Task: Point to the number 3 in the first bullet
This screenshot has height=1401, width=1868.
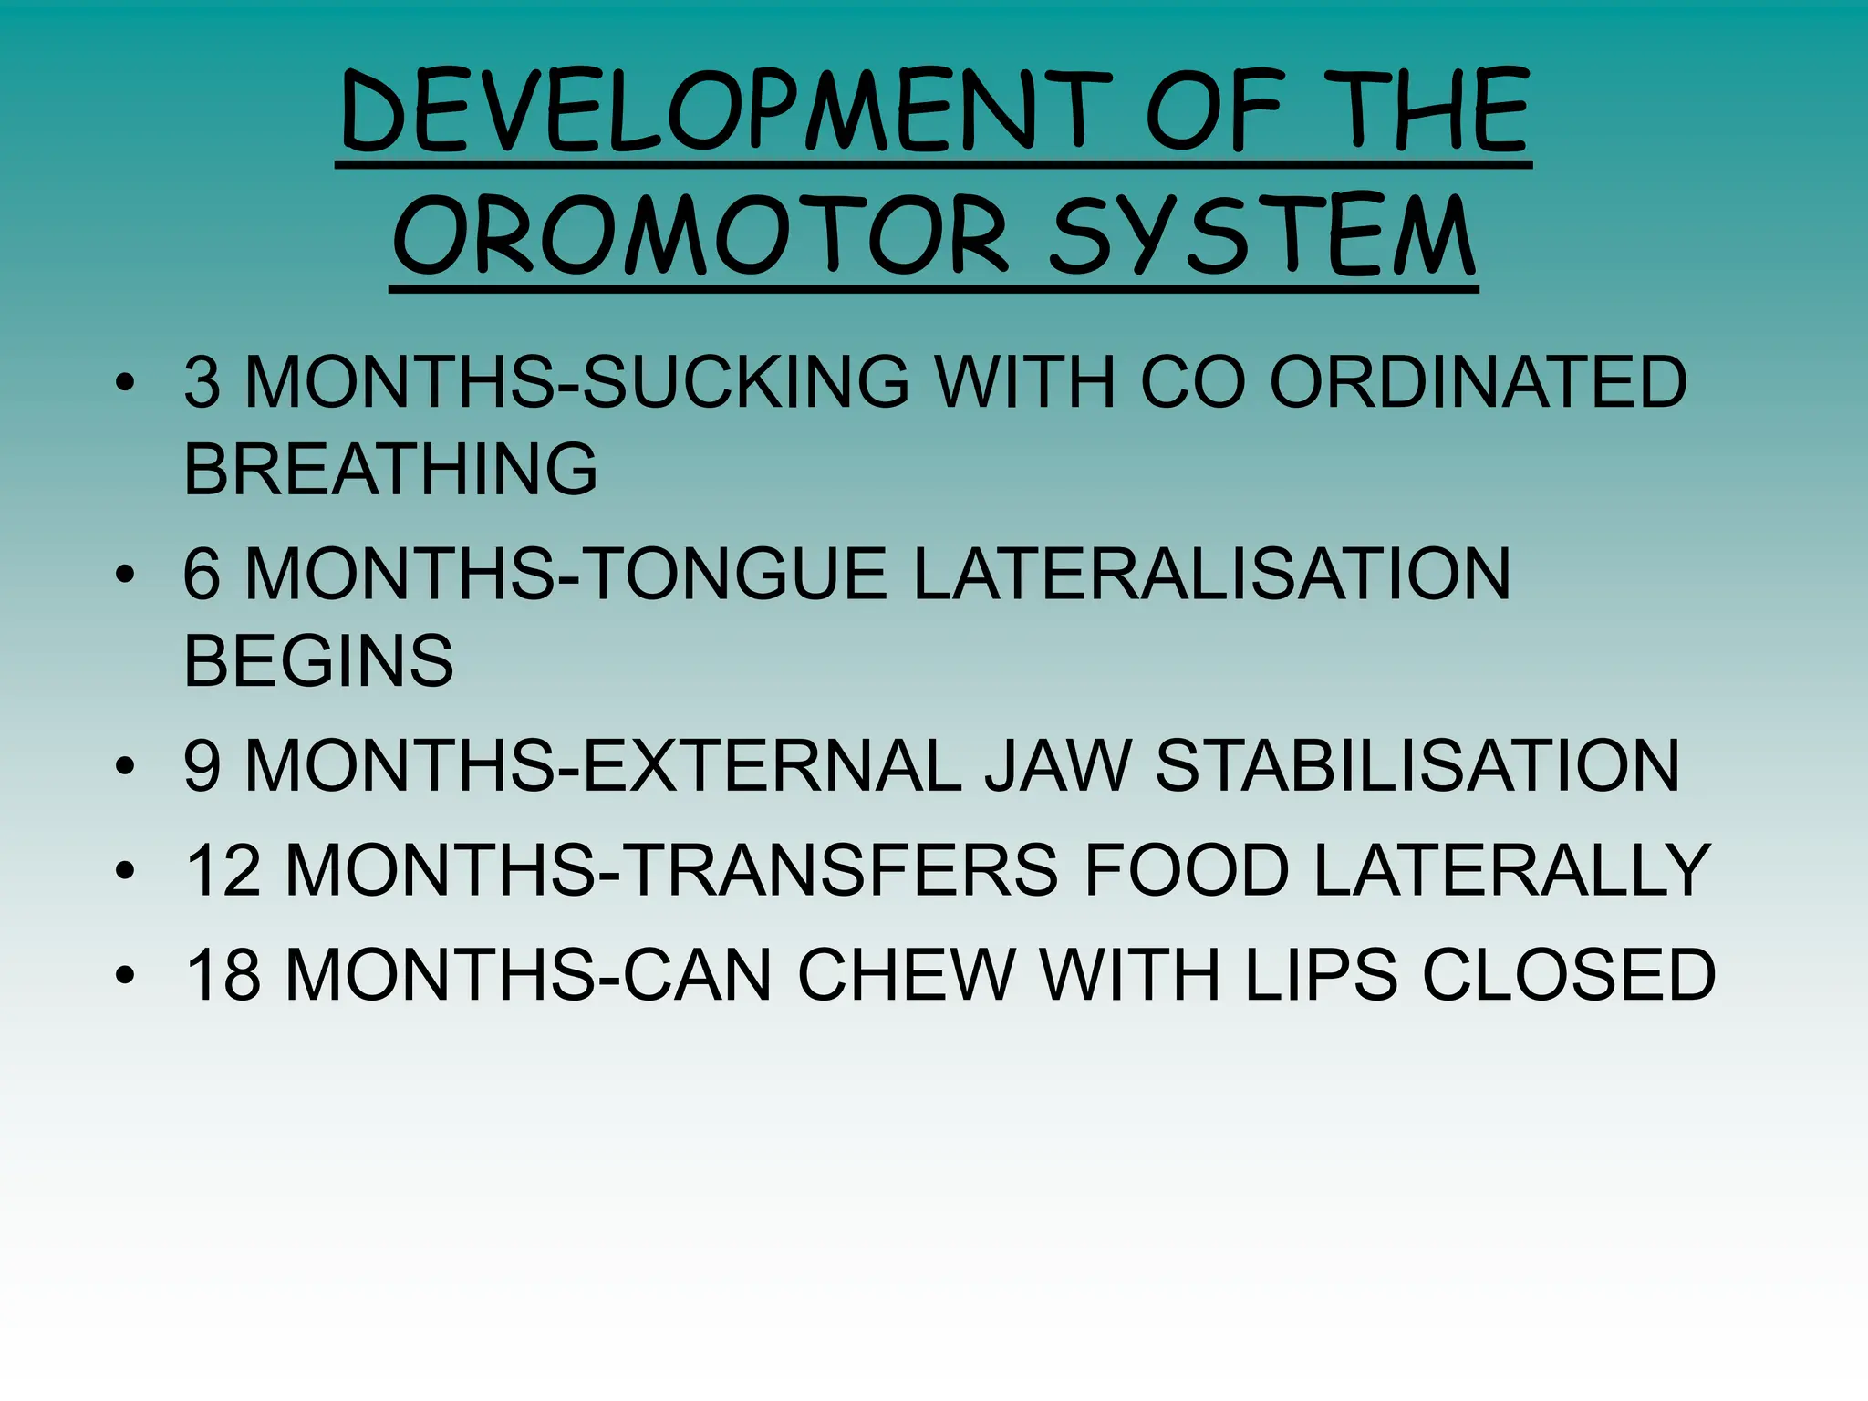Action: (202, 382)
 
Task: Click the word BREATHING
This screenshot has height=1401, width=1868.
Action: (390, 469)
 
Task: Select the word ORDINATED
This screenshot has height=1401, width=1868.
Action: (1478, 382)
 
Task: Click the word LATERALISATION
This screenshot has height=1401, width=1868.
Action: (1211, 574)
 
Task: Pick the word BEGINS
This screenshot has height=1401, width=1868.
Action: (318, 660)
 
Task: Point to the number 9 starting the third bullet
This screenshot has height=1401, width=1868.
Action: (202, 765)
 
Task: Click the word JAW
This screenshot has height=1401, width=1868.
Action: (1057, 765)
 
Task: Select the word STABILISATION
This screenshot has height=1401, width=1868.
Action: (1417, 765)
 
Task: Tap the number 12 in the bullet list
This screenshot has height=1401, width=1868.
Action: (223, 870)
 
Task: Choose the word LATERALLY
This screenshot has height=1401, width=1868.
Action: (1511, 870)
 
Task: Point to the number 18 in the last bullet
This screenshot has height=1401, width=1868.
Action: (223, 975)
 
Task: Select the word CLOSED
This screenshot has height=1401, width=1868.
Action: (1569, 975)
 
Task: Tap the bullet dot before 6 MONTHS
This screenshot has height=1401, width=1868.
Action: (125, 575)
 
